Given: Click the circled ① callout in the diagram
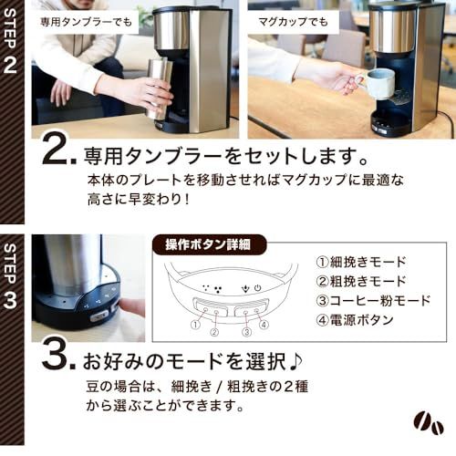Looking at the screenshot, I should [x=193, y=322].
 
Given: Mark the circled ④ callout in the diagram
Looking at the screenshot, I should [x=263, y=322].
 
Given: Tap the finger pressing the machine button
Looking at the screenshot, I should [x=132, y=306].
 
